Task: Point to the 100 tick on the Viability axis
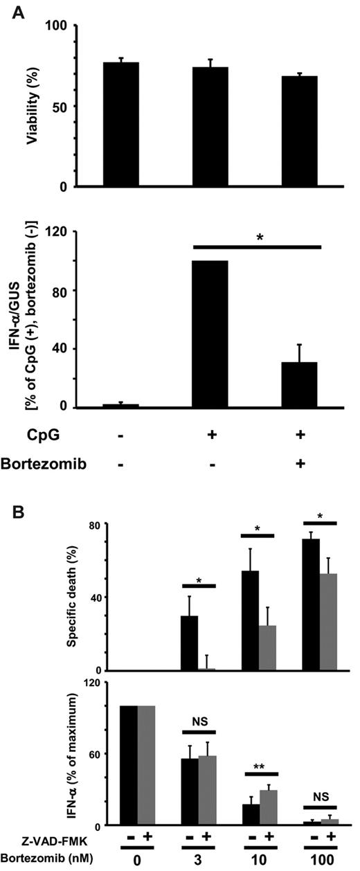57,26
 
